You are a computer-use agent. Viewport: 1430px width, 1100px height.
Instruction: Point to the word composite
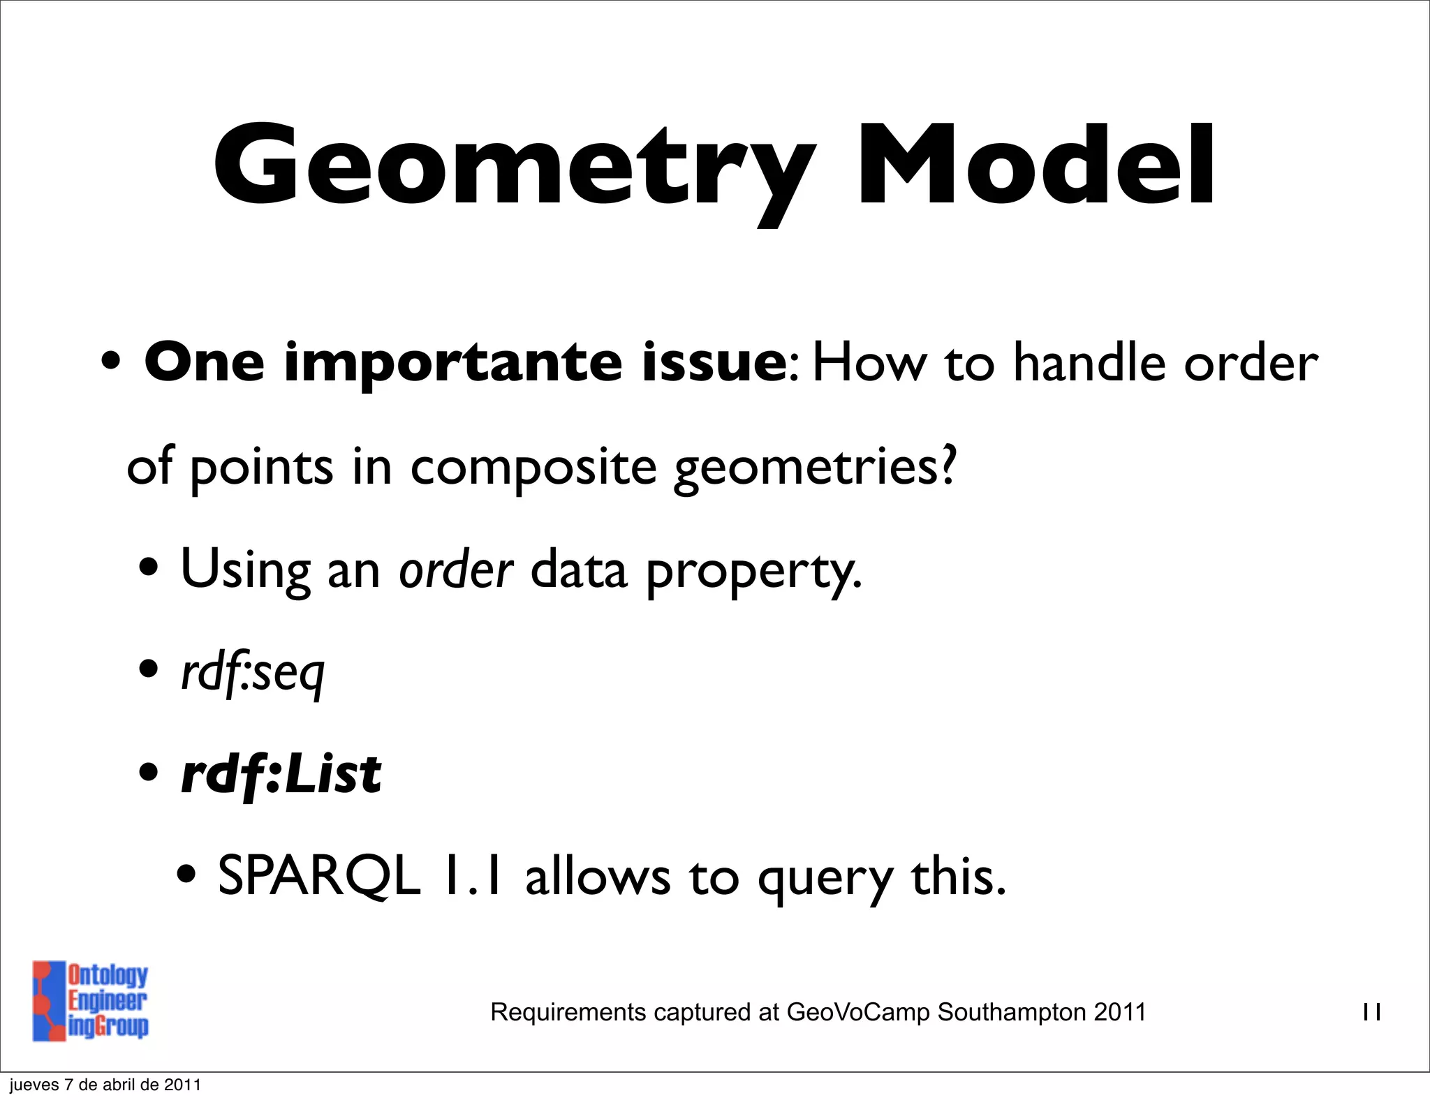[x=533, y=468]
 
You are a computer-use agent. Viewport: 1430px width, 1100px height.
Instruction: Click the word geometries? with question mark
[x=814, y=468]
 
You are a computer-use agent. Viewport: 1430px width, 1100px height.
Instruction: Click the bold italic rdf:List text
[x=281, y=775]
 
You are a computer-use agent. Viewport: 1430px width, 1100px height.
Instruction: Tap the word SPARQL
[x=319, y=877]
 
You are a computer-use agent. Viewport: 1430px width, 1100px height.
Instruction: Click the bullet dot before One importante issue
[x=112, y=363]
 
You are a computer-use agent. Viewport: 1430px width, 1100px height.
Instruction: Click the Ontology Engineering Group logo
[x=90, y=1000]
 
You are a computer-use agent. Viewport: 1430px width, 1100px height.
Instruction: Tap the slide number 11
[x=1371, y=1012]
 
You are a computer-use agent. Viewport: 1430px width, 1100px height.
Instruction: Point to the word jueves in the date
[x=33, y=1085]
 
